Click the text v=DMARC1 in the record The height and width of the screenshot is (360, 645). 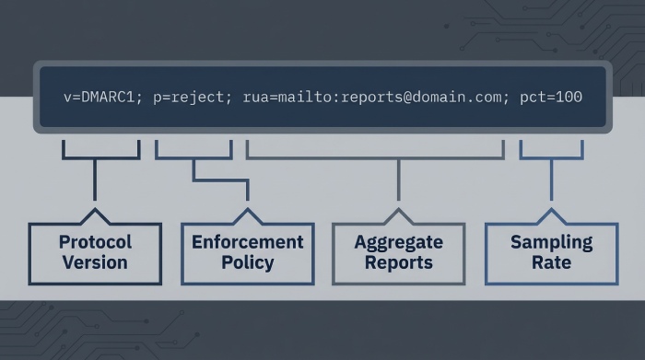click(x=99, y=97)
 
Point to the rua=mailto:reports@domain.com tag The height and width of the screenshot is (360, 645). click(x=375, y=97)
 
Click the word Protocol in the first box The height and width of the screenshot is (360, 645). click(x=96, y=242)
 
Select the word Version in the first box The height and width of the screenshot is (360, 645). click(x=96, y=262)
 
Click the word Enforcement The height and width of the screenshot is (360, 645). click(x=247, y=242)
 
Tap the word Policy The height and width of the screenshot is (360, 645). click(x=247, y=262)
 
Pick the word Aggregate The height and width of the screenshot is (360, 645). click(x=398, y=242)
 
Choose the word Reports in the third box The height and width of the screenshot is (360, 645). click(x=398, y=262)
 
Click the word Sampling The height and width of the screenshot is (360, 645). click(x=551, y=242)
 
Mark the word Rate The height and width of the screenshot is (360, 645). click(x=551, y=262)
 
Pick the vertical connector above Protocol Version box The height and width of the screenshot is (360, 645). click(x=96, y=180)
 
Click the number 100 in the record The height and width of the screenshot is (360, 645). click(x=569, y=97)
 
